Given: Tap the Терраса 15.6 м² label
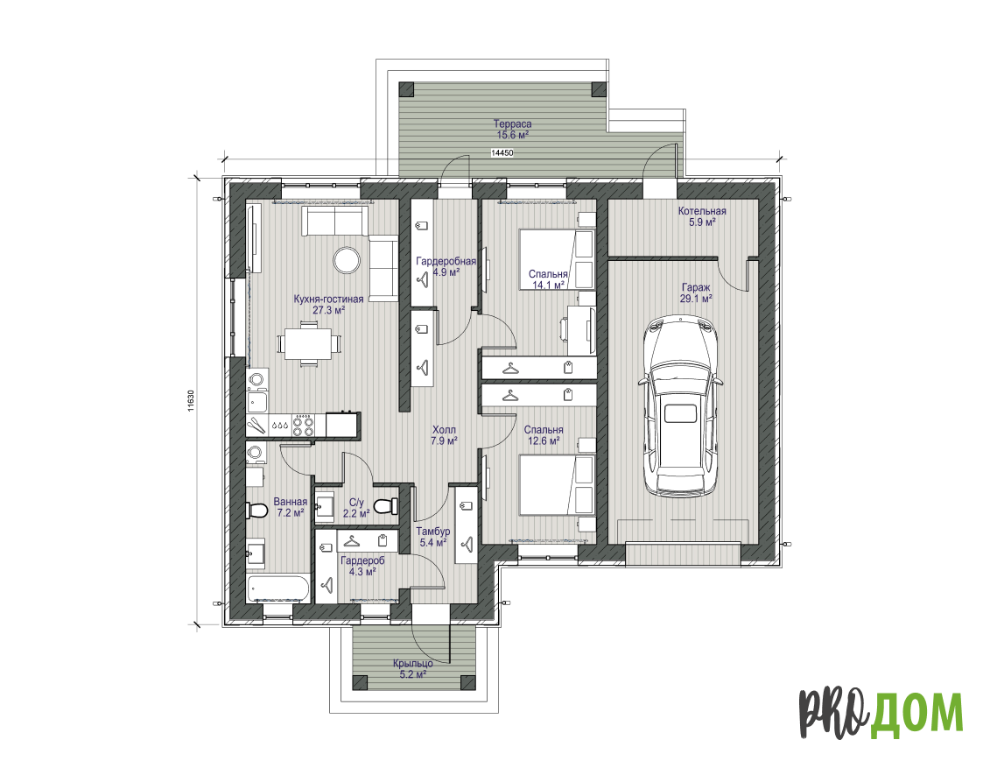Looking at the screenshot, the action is (x=512, y=129).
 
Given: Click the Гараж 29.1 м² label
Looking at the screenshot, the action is (x=696, y=292).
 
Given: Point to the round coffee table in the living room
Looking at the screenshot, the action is (x=346, y=260).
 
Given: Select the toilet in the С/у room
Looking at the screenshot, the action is (x=385, y=505).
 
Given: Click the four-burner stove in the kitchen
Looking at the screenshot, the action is (x=304, y=425).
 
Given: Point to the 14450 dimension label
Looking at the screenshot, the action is (x=502, y=153).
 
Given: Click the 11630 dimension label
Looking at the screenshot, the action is (x=191, y=401).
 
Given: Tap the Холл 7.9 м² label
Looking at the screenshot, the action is (x=444, y=435).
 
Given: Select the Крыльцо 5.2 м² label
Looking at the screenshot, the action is (x=412, y=669).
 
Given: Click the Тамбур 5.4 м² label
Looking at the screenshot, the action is (x=433, y=537).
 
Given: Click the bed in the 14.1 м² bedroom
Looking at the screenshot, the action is (x=556, y=259).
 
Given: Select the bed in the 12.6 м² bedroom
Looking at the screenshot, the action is (x=556, y=485).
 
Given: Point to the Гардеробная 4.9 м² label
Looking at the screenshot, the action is (x=446, y=266).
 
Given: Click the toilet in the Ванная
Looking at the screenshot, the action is (x=257, y=510).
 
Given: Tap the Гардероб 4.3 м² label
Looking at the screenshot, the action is (x=362, y=566).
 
